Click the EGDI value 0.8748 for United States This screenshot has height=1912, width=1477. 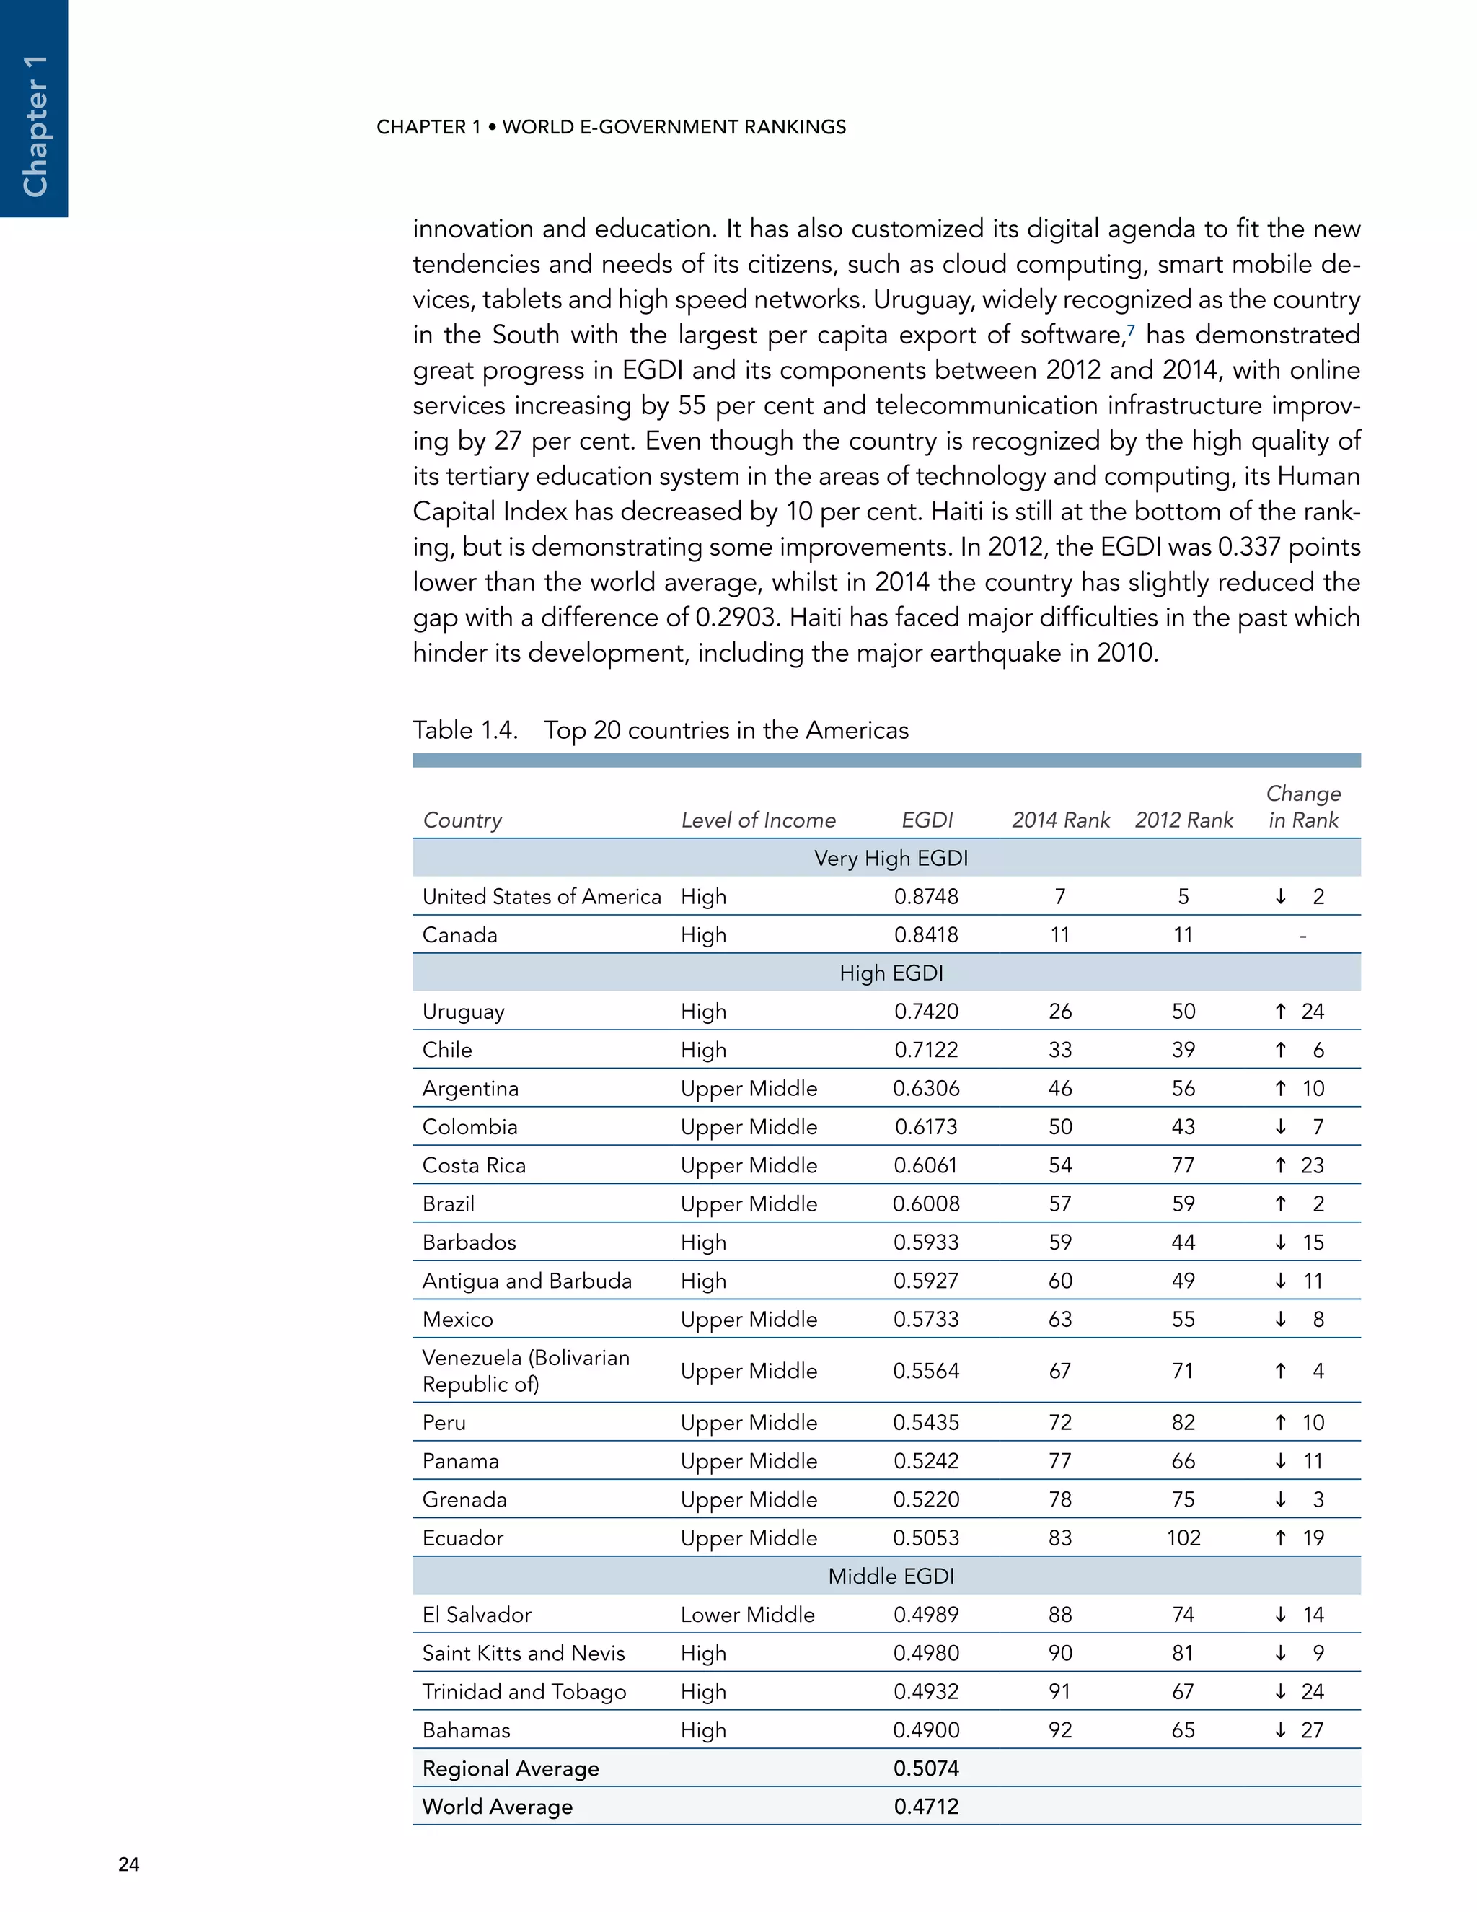click(926, 896)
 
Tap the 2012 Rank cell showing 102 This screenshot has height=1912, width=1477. click(1183, 1538)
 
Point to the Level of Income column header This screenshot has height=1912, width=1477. click(758, 820)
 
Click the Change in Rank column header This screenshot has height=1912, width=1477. click(1303, 807)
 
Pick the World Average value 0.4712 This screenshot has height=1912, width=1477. click(926, 1807)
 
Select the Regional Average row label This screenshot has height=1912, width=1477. click(510, 1768)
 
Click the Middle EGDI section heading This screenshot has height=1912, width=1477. click(891, 1576)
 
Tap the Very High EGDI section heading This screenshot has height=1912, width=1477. click(891, 858)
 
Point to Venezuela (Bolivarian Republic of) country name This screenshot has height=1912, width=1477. click(525, 1371)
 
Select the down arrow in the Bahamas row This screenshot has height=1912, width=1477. click(1280, 1730)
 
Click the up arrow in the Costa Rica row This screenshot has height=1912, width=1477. click(1280, 1165)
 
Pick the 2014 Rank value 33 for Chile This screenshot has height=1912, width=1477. click(1059, 1050)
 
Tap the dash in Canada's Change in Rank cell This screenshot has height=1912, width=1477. click(1303, 936)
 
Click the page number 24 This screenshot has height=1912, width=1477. click(128, 1864)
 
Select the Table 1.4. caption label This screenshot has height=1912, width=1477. click(464, 730)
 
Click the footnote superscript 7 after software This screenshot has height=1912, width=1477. click(1131, 329)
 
